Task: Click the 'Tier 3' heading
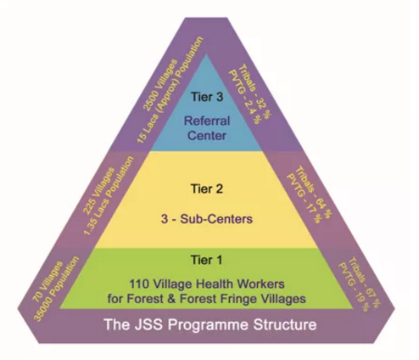click(207, 97)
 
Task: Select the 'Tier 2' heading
click(207, 188)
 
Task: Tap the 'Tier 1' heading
click(207, 260)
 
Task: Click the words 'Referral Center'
click(207, 128)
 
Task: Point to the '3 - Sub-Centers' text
click(207, 219)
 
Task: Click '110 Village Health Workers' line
click(207, 284)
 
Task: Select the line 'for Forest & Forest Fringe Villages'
click(207, 299)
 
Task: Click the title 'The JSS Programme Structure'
click(210, 324)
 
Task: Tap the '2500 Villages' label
click(160, 85)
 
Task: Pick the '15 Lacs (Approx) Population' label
click(170, 90)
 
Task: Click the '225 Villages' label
click(99, 190)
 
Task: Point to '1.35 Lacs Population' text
click(109, 195)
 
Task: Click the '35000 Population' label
click(56, 289)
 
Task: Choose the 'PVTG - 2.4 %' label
click(244, 97)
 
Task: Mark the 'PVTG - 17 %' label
click(304, 199)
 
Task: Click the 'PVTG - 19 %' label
click(354, 287)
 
